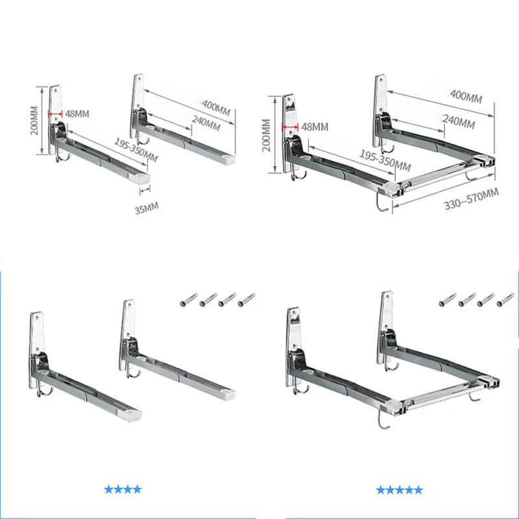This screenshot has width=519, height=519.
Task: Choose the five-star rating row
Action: (400, 489)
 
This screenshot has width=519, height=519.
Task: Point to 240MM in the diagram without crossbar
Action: (206, 123)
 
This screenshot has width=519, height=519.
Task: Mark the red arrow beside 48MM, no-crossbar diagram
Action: (57, 113)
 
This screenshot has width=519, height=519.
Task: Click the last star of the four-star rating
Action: (138, 489)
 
